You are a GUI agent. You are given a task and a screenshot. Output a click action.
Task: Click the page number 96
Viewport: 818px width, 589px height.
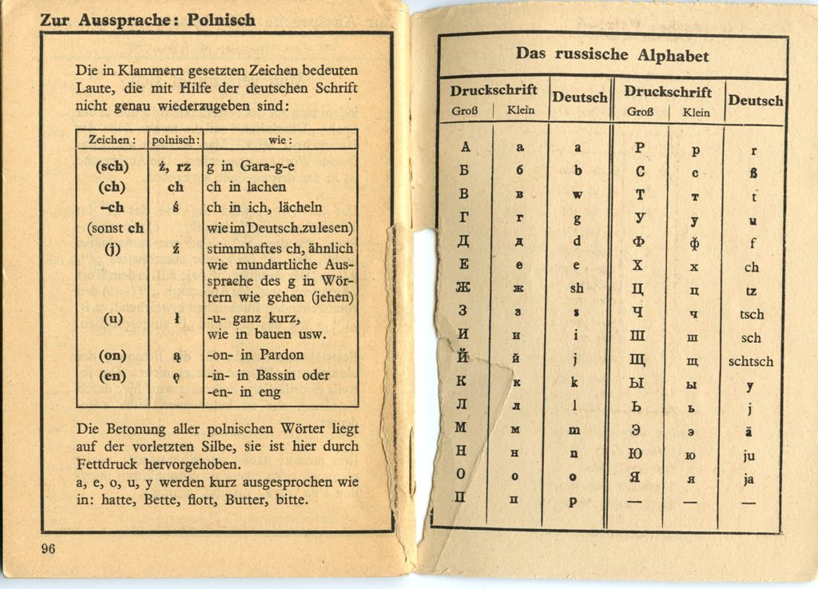pyautogui.click(x=47, y=548)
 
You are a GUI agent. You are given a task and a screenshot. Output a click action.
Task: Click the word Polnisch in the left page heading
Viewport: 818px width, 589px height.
pyautogui.click(x=221, y=20)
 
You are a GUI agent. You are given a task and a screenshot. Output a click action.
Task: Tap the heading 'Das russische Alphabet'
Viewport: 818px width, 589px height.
pyautogui.click(x=612, y=55)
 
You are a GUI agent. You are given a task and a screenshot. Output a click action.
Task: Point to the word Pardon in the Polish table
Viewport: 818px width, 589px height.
pyautogui.click(x=305, y=356)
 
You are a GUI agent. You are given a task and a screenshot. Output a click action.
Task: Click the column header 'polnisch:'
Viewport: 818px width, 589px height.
pyautogui.click(x=175, y=139)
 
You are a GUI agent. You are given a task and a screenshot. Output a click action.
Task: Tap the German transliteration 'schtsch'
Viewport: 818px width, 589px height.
pyautogui.click(x=750, y=361)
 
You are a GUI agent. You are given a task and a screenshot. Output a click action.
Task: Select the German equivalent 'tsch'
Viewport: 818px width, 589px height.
pyautogui.click(x=751, y=314)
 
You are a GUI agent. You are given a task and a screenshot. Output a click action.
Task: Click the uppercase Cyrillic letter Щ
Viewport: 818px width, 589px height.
pyautogui.click(x=637, y=360)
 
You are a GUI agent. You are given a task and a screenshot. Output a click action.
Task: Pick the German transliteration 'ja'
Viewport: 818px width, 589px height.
pyautogui.click(x=749, y=480)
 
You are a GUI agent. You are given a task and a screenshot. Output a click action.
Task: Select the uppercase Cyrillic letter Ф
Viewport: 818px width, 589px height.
pyautogui.click(x=637, y=241)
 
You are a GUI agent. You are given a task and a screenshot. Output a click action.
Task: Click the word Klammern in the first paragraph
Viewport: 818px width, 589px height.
pyautogui.click(x=148, y=70)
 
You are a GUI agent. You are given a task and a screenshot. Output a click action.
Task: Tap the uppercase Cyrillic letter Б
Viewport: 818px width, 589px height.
pyautogui.click(x=463, y=171)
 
